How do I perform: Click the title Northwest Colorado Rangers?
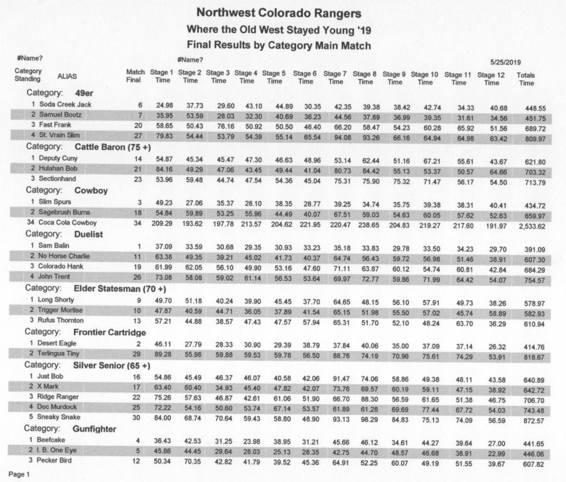coord(279,13)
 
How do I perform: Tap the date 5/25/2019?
coord(506,62)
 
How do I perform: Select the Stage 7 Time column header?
coord(336,77)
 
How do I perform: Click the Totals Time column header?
coord(526,78)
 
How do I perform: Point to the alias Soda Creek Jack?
coord(65,104)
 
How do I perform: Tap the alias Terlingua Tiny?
coord(62,354)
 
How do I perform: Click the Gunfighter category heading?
coord(95,429)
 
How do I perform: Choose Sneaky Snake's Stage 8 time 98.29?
coord(366,419)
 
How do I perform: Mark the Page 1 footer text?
coord(18,474)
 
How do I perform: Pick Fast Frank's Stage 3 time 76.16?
coord(219,126)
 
